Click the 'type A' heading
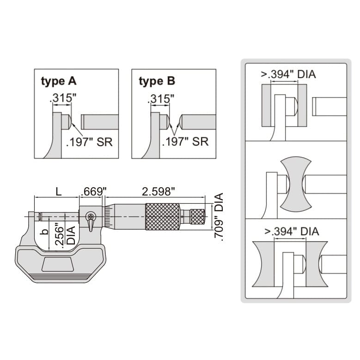coord(59,82)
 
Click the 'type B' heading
coord(157,82)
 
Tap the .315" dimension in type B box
coord(160,99)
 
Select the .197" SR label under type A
coord(89,141)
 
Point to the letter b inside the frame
coord(44,232)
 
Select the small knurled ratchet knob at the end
coord(197,216)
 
